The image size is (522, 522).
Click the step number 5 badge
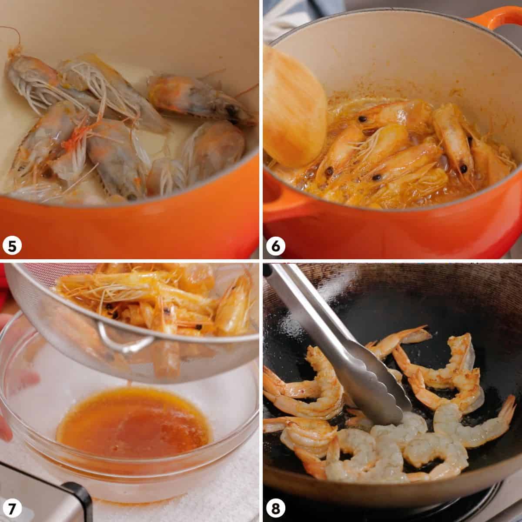(12, 246)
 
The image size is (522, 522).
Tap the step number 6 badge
(275, 246)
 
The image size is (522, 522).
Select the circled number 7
(12, 507)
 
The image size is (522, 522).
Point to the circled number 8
(275, 507)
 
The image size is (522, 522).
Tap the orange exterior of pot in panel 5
(130, 231)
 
